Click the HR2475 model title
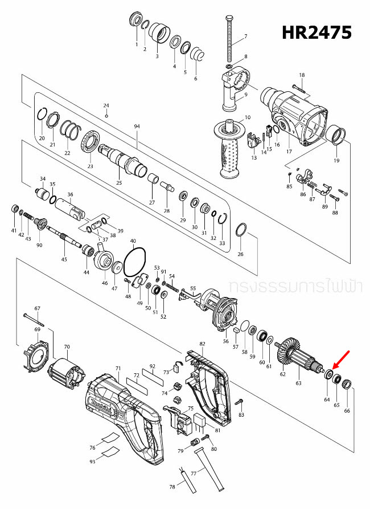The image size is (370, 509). tap(316, 32)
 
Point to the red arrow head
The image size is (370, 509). tap(332, 369)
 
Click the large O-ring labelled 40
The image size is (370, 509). tap(135, 262)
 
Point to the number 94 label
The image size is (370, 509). tap(136, 126)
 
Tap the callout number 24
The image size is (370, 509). tap(106, 106)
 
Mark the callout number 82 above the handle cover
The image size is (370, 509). tap(202, 344)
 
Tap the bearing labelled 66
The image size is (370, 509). tap(347, 381)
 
